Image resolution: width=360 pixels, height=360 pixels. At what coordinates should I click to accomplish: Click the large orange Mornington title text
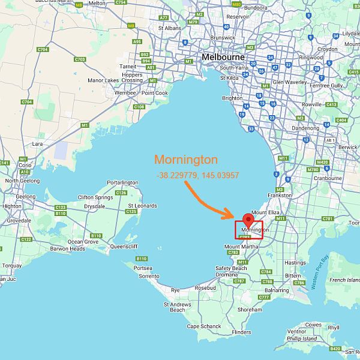pyautogui.click(x=186, y=160)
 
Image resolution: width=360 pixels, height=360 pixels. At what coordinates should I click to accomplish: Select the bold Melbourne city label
pyautogui.click(x=223, y=57)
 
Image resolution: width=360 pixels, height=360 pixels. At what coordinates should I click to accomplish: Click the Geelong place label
pyautogui.click(x=26, y=196)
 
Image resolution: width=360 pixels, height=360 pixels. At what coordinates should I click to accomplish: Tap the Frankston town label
pyautogui.click(x=281, y=195)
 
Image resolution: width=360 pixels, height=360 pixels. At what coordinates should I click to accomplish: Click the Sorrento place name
pyautogui.click(x=149, y=276)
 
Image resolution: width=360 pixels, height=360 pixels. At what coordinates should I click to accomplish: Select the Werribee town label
pyautogui.click(x=126, y=93)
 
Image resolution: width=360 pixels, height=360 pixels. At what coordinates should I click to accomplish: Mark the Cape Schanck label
pyautogui.click(x=204, y=326)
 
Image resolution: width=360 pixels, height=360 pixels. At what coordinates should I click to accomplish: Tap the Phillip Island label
pyautogui.click(x=302, y=338)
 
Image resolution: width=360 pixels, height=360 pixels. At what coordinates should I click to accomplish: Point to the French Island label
pyautogui.click(x=345, y=280)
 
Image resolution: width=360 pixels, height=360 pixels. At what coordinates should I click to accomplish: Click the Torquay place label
pyautogui.click(x=12, y=265)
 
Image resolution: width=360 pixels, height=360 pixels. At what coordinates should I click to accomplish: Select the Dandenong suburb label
pyautogui.click(x=305, y=128)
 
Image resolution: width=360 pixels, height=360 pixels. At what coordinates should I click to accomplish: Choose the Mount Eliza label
pyautogui.click(x=266, y=212)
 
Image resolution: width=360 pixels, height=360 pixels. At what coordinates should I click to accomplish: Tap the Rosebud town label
pyautogui.click(x=205, y=287)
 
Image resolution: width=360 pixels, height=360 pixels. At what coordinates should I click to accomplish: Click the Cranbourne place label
pyautogui.click(x=328, y=178)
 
